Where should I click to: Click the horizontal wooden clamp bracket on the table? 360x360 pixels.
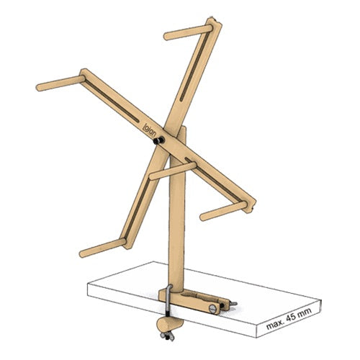coord(194,299)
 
